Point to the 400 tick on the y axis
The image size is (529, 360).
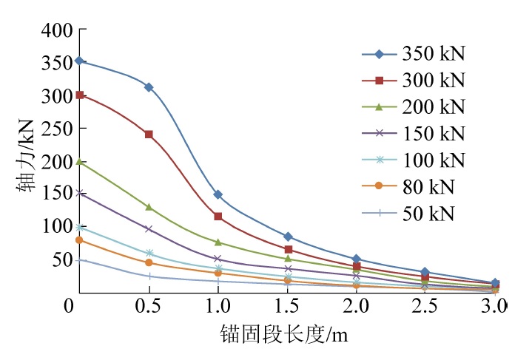pos(58,30)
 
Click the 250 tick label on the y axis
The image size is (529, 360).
pos(58,128)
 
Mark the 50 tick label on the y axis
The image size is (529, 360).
pos(62,259)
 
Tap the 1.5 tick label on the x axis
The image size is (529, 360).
pos(287,305)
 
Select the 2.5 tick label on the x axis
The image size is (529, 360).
pos(426,305)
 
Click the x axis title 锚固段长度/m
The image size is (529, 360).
pos(283,336)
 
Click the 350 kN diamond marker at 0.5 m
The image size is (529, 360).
pos(149,87)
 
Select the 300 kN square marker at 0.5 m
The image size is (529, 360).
pos(149,135)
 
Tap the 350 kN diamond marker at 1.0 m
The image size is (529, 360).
pos(218,194)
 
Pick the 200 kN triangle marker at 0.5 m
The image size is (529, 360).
pos(149,207)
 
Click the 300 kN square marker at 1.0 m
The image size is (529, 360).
pos(218,217)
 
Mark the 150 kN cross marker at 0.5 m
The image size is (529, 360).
pos(149,229)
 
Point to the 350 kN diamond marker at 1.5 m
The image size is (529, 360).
pos(288,237)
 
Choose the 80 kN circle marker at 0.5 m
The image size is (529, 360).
pos(149,262)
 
